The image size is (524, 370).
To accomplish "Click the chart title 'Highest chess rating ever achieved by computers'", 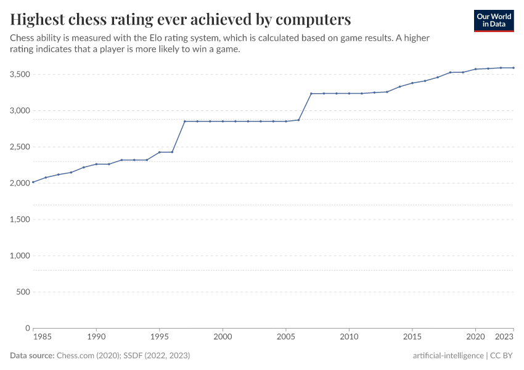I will [181, 19].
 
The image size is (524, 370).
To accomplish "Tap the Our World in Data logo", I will [493, 20].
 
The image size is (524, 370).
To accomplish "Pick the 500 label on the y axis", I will [23, 292].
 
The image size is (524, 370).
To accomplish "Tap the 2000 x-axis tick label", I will [223, 337].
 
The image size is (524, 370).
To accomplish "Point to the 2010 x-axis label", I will [349, 337].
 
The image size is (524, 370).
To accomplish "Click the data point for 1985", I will [33, 182].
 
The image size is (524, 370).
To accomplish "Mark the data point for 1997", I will [185, 121].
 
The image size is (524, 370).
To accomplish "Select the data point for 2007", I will [311, 94].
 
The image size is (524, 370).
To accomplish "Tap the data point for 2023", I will [514, 68].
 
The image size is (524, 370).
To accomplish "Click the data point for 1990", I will [96, 164].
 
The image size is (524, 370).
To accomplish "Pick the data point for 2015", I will [412, 83].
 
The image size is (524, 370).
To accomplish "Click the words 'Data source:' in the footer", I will [32, 356].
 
